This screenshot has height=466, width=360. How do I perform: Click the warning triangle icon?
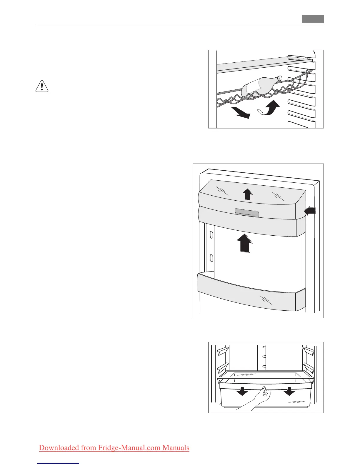click(x=42, y=86)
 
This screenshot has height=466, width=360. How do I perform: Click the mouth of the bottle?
click(x=280, y=78)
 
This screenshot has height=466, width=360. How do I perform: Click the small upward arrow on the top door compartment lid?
click(x=248, y=194)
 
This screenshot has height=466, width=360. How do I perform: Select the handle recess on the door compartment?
click(x=247, y=213)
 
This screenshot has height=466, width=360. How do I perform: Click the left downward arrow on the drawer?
click(x=242, y=391)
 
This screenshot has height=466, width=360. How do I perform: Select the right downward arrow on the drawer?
click(x=289, y=391)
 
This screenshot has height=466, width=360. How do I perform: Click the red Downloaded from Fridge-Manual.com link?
click(x=114, y=448)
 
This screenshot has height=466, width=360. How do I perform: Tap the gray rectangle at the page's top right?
click(x=312, y=19)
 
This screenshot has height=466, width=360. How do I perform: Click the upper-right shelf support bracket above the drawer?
click(x=308, y=350)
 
